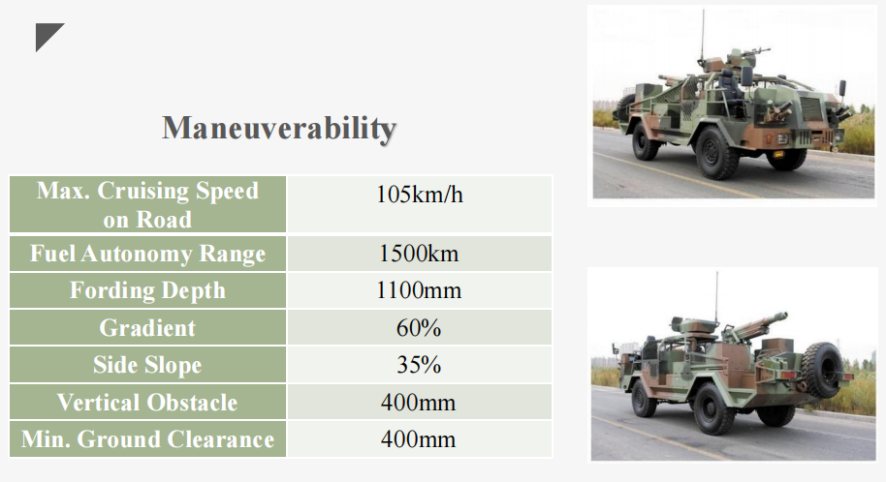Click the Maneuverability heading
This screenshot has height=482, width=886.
click(279, 128)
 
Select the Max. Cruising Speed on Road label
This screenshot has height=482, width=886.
click(147, 204)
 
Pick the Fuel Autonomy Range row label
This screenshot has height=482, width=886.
click(147, 254)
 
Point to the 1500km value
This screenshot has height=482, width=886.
click(419, 254)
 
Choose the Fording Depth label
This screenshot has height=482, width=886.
click(147, 290)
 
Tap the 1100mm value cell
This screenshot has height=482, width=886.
click(419, 290)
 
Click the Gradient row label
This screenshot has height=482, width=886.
click(147, 328)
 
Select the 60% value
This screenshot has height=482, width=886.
click(419, 328)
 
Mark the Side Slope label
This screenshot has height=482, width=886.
click(147, 365)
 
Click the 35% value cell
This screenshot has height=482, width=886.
click(419, 365)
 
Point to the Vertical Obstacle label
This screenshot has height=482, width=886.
click(147, 403)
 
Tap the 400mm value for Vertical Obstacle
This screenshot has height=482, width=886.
click(418, 403)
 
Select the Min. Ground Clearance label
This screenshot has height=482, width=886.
click(147, 439)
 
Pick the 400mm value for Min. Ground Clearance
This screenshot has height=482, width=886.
click(418, 439)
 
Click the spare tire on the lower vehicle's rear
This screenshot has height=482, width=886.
click(822, 370)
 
